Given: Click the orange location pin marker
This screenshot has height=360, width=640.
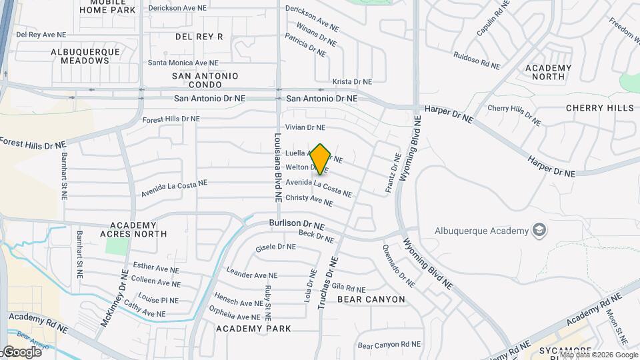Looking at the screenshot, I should click(x=320, y=159).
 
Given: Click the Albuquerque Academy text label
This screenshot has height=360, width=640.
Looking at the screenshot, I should click(x=481, y=231).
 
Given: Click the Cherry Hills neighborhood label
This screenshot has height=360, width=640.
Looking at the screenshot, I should click(x=599, y=108).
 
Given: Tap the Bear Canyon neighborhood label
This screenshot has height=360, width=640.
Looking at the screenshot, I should click(x=371, y=299).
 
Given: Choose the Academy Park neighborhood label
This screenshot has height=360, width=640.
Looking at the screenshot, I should click(x=253, y=329).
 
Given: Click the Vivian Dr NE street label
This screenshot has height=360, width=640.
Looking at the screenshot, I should click(x=305, y=127).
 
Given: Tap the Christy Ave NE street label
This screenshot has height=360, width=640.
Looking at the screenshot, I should click(x=309, y=199).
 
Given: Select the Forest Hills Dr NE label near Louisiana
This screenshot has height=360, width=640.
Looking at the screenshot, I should click(x=171, y=119).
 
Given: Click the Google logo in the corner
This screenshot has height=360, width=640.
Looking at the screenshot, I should click(x=21, y=351).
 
